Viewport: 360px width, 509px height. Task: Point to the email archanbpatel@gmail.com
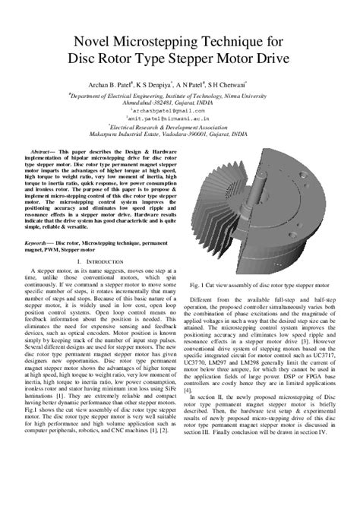coord(181,112)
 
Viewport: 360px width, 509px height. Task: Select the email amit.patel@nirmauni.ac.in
coord(181,121)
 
